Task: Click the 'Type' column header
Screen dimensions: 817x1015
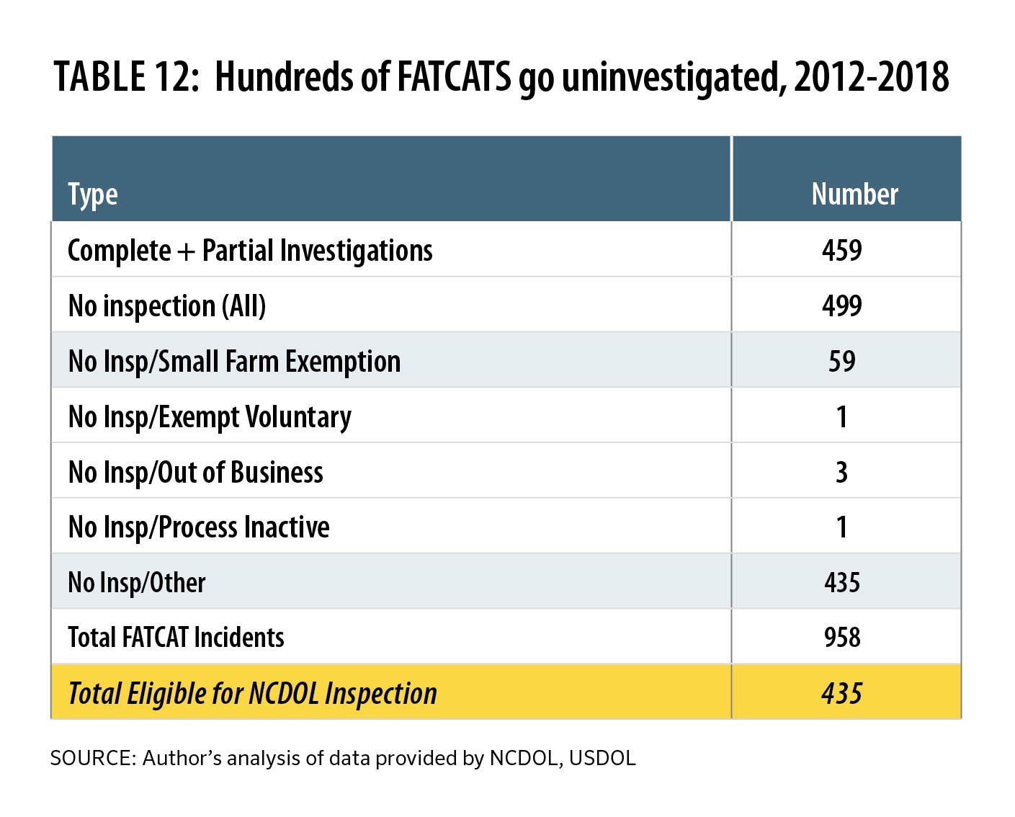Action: [92, 195]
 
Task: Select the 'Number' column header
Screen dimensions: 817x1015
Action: [854, 194]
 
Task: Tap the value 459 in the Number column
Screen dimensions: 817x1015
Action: [841, 250]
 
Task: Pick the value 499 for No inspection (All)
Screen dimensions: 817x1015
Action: [841, 305]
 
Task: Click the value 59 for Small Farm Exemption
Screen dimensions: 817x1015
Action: [841, 361]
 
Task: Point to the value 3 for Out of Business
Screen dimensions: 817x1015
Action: [841, 472]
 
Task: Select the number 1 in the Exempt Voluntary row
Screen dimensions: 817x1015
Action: [841, 416]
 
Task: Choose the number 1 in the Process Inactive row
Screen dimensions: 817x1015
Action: [841, 527]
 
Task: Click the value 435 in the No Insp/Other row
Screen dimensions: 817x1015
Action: [841, 582]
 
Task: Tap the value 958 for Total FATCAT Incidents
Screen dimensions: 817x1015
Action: [841, 638]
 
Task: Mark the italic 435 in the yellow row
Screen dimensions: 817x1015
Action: [841, 693]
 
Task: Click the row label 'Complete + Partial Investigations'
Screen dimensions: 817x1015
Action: [250, 251]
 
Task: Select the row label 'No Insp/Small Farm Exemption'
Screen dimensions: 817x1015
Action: [234, 362]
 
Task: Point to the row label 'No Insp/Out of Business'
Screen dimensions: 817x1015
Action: [195, 473]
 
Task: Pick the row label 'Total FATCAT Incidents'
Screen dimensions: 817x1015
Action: [176, 638]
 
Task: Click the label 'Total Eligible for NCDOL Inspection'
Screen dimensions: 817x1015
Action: [252, 693]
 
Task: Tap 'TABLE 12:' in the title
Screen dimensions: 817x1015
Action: [126, 76]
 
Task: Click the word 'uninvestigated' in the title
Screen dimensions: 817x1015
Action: [673, 78]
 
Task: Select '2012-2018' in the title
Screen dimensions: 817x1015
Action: [871, 76]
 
